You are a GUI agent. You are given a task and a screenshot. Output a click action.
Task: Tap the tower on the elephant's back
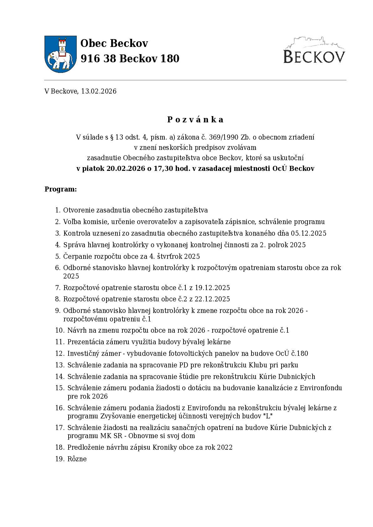(62, 45)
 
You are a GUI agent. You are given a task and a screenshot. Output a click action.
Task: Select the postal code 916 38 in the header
(96, 59)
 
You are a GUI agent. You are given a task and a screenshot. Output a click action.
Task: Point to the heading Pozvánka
(195, 120)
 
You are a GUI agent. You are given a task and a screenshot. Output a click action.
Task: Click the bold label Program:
(60, 189)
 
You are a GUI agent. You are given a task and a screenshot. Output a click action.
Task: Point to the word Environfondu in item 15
(321, 388)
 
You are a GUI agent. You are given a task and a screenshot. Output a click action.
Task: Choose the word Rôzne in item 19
(77, 459)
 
